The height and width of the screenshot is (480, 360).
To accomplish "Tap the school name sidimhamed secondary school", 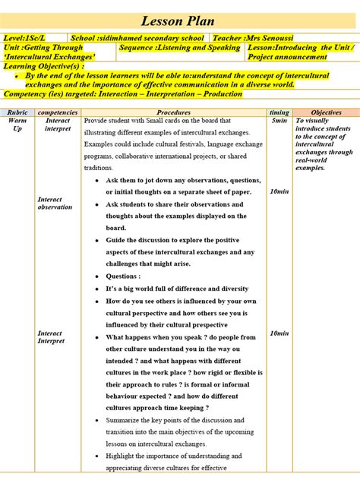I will click(x=137, y=37).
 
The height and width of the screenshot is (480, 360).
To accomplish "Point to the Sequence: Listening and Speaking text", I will click(x=179, y=47).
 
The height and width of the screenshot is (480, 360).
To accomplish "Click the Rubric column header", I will click(x=17, y=112).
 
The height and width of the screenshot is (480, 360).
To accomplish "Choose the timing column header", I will click(x=279, y=112).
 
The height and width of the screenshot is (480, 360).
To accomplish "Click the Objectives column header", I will click(x=326, y=112).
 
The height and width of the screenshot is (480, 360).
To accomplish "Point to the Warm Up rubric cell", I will click(x=17, y=125).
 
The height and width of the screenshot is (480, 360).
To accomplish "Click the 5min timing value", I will click(x=279, y=121).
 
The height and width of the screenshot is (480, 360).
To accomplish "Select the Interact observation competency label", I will click(x=55, y=204).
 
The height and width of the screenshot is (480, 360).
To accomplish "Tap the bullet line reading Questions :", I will click(x=122, y=276).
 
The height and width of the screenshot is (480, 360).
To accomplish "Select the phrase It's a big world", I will click(x=134, y=289).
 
